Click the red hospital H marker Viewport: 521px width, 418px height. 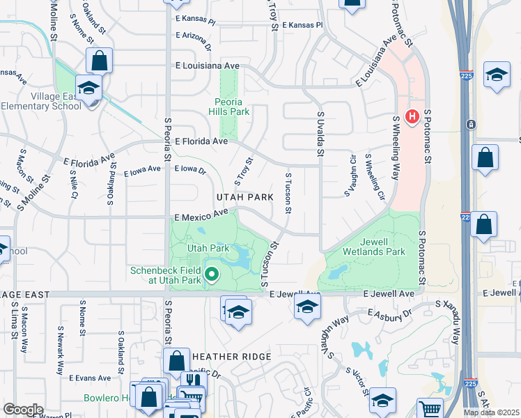[412, 115]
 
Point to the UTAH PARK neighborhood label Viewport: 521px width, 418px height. [244, 197]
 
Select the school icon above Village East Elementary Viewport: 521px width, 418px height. [89, 88]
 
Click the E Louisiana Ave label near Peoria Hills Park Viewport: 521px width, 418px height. [208, 65]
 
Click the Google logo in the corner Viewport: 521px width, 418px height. [23, 410]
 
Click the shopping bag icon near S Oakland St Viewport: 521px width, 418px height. [100, 61]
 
